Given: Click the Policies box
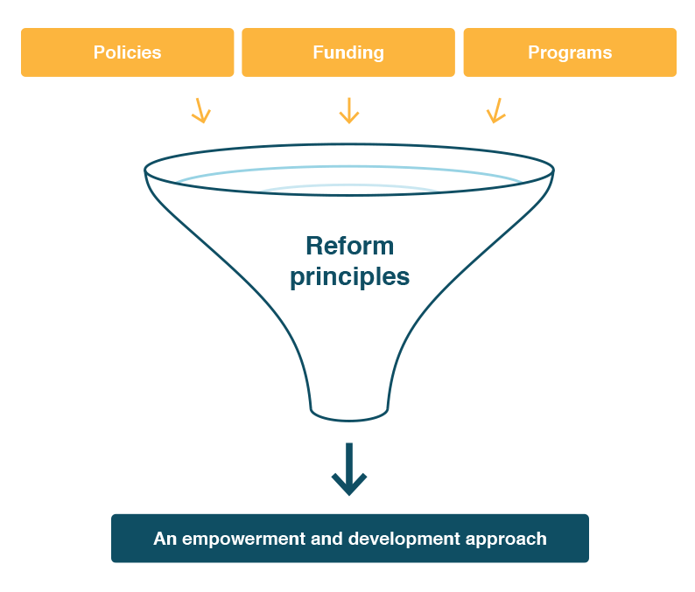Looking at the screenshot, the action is [x=127, y=52].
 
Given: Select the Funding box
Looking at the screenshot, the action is [x=348, y=52].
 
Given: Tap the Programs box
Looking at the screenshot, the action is [x=570, y=52].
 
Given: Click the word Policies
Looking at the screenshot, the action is [x=127, y=52].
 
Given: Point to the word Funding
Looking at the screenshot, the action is [x=348, y=52].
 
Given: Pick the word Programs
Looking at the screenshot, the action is [x=570, y=52].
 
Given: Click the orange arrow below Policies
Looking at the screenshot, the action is [x=201, y=111].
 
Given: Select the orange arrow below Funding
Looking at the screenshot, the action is [x=349, y=111].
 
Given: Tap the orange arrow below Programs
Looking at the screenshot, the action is [x=496, y=111].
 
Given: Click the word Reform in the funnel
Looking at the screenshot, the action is [x=350, y=246].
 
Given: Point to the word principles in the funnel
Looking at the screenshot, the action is [x=350, y=277].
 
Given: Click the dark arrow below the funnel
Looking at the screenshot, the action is [x=349, y=470].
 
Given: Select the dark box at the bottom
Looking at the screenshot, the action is [x=350, y=539].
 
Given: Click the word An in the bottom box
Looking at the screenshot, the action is [x=165, y=539].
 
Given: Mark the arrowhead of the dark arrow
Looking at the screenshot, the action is [x=349, y=484].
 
